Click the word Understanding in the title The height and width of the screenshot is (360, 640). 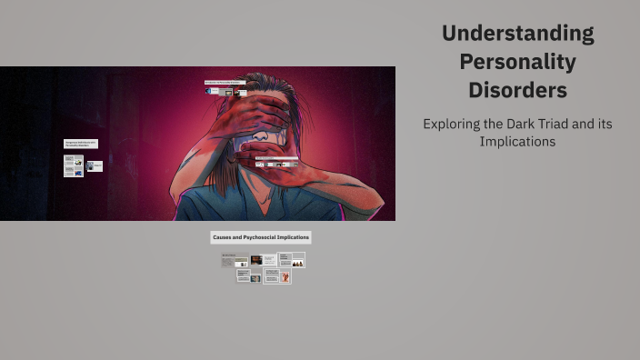pyautogui.click(x=517, y=34)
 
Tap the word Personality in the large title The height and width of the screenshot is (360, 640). pyautogui.click(x=517, y=62)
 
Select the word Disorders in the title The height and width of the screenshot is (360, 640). pyautogui.click(x=517, y=91)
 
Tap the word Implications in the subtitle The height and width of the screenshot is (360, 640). pyautogui.click(x=517, y=142)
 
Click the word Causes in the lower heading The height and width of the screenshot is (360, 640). pyautogui.click(x=224, y=237)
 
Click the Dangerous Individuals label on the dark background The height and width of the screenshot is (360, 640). pyautogui.click(x=80, y=144)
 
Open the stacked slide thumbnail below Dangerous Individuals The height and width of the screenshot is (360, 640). pyautogui.click(x=73, y=165)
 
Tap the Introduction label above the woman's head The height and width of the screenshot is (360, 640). pyautogui.click(x=225, y=83)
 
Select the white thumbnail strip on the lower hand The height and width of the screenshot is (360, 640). pyautogui.click(x=276, y=165)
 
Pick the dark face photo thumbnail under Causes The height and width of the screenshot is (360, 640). pyautogui.click(x=256, y=260)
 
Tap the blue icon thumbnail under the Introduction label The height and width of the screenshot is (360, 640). pyautogui.click(x=208, y=91)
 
